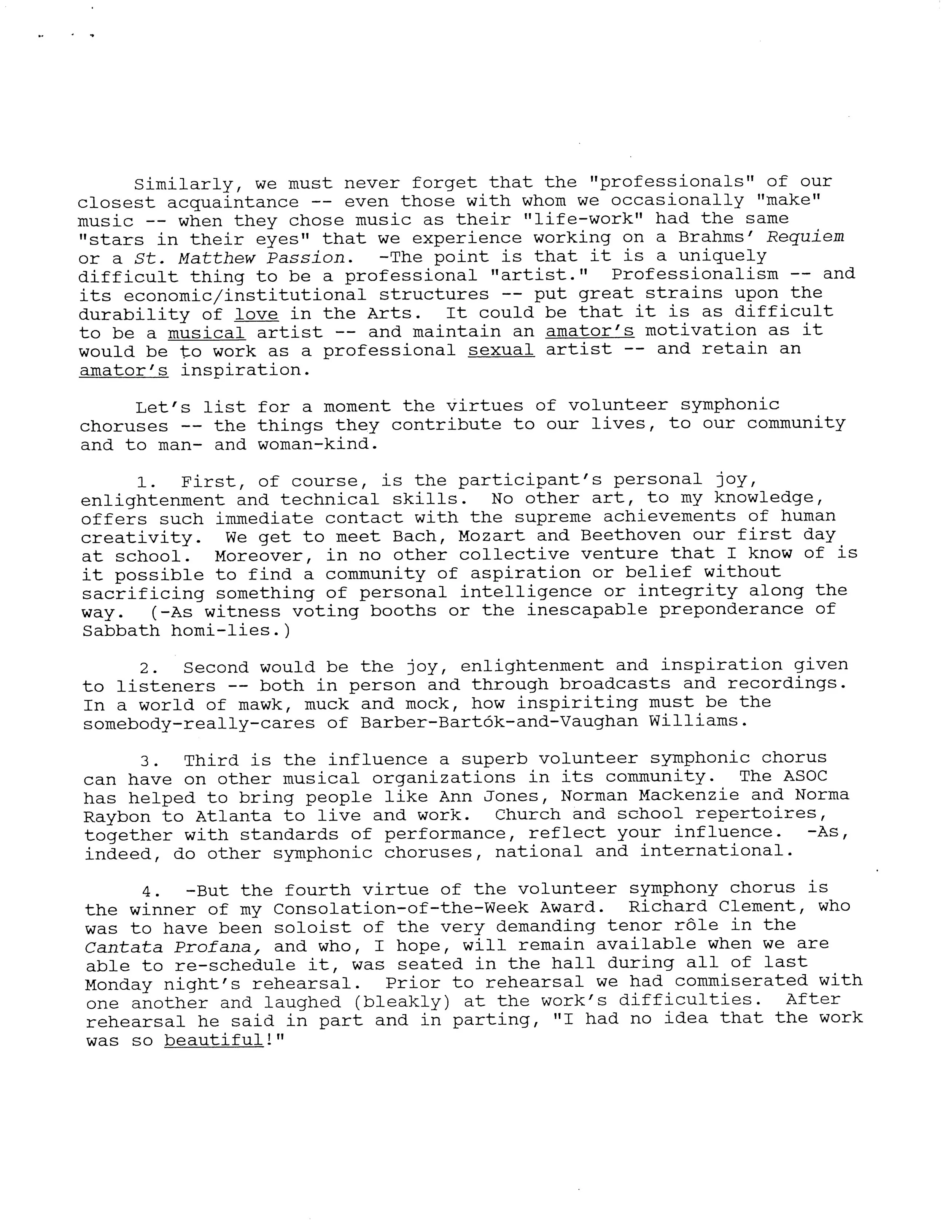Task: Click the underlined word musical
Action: click(206, 332)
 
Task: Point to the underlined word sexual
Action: click(501, 350)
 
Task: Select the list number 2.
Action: click(149, 668)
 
